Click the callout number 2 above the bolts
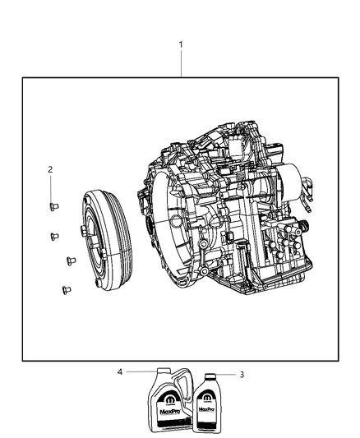tap(50, 170)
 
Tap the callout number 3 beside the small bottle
tap(241, 376)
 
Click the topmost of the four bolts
tap(53, 206)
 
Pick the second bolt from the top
tap(54, 235)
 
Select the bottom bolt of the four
tap(64, 288)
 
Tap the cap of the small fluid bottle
tap(207, 376)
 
